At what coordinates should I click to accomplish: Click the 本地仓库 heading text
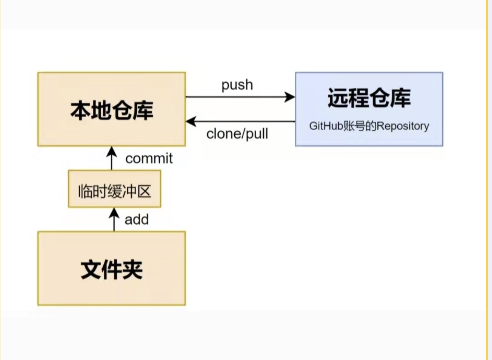112,111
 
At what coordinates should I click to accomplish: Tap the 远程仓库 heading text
369,98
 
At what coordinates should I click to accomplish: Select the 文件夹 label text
112,270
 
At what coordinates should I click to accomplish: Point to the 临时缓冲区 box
115,189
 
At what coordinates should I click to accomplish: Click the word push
237,85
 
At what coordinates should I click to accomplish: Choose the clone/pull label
237,134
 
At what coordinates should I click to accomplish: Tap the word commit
149,158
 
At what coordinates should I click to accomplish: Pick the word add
137,220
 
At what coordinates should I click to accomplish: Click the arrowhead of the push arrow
290,97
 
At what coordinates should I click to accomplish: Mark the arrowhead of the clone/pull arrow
191,121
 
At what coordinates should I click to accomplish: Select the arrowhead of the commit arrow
111,152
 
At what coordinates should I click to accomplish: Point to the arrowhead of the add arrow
114,213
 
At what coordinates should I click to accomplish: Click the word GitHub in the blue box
326,126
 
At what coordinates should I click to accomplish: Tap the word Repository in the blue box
403,126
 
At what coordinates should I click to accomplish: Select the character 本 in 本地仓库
81,111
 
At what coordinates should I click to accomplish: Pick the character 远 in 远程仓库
338,98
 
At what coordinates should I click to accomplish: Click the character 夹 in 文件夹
133,270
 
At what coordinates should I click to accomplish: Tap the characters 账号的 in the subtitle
360,126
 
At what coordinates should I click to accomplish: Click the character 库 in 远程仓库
401,98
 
